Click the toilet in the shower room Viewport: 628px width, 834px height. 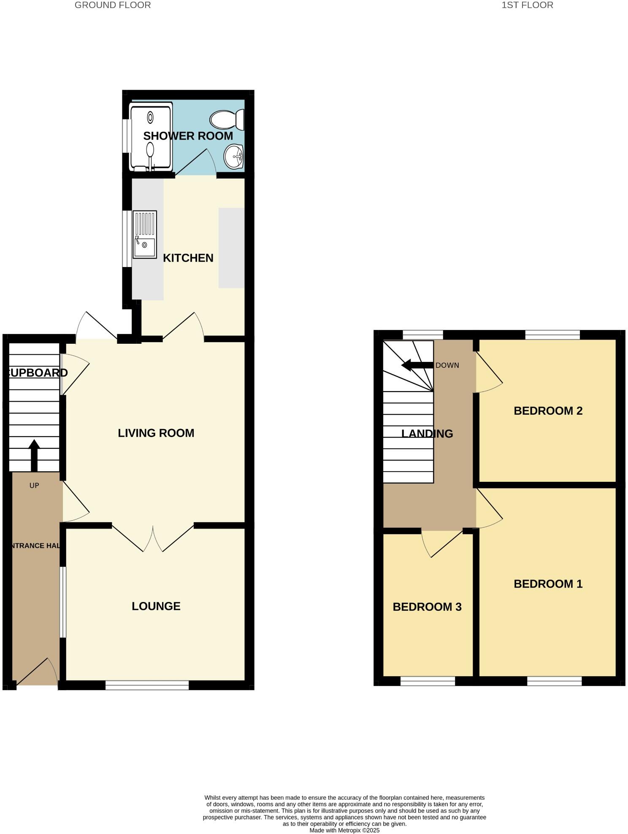[227, 119]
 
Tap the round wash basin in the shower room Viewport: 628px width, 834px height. [233, 157]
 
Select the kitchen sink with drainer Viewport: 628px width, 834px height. [144, 234]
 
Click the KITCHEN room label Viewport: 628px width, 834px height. [188, 258]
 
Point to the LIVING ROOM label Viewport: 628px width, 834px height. [156, 433]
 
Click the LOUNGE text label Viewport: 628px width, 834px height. [156, 606]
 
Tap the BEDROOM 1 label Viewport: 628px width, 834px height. [548, 584]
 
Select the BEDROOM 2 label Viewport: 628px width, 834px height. [548, 410]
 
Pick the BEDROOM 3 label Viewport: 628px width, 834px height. [427, 607]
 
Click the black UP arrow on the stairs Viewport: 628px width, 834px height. [34, 455]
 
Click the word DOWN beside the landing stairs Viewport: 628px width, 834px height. [447, 365]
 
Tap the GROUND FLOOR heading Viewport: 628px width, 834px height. [113, 5]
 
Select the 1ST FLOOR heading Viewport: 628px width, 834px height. [527, 5]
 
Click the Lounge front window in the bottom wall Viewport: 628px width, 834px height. [147, 685]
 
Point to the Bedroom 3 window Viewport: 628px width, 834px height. [428, 681]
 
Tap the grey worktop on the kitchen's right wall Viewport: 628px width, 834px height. [231, 248]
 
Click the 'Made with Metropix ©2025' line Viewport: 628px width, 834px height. [344, 830]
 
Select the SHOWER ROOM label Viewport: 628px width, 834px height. [188, 136]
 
